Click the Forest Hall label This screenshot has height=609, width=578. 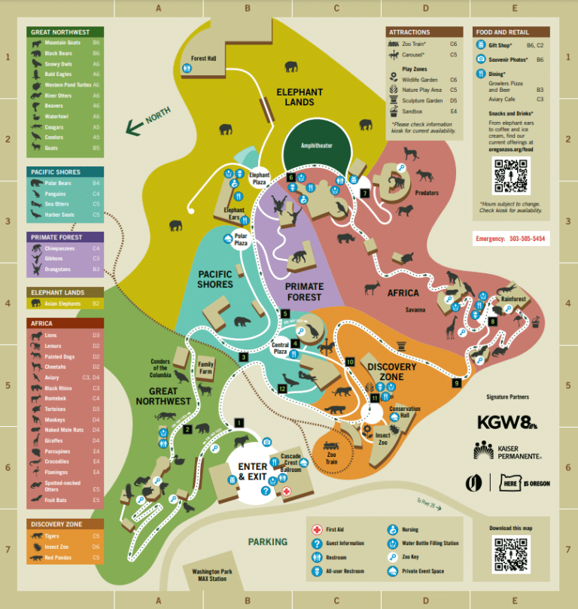203,58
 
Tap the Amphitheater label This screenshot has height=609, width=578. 316,145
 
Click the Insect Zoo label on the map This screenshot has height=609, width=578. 382,439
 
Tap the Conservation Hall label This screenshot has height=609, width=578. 404,413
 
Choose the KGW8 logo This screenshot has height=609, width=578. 507,423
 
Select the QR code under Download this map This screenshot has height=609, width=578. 511,556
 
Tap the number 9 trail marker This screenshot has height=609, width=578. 456,383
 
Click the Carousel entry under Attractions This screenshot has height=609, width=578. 412,55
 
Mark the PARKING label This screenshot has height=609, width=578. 268,541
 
